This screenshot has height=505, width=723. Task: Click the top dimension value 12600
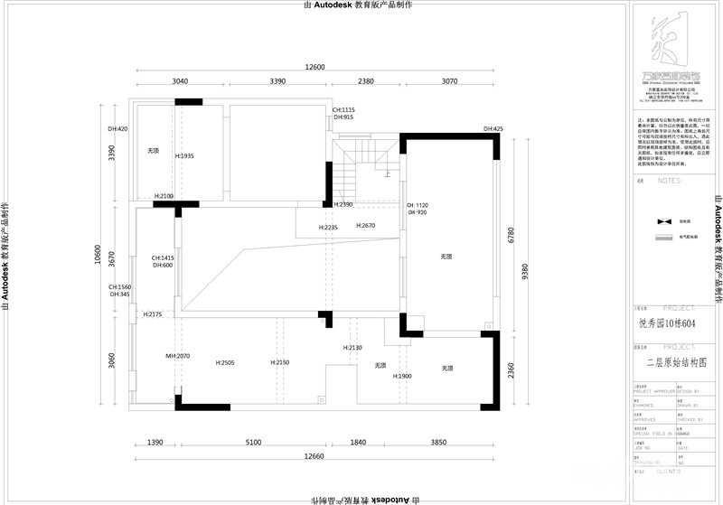315,67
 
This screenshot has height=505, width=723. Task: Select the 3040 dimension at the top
180,81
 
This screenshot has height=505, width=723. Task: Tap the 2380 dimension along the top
364,81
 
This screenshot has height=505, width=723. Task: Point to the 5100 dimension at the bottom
253,442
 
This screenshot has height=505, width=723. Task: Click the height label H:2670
365,225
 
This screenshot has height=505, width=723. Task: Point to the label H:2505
225,362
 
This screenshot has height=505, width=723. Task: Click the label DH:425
493,129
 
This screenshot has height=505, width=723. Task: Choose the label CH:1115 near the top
343,109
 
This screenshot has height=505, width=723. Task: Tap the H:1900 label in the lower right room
402,376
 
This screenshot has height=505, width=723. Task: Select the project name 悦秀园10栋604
667,323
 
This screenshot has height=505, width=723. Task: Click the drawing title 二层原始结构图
676,360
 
